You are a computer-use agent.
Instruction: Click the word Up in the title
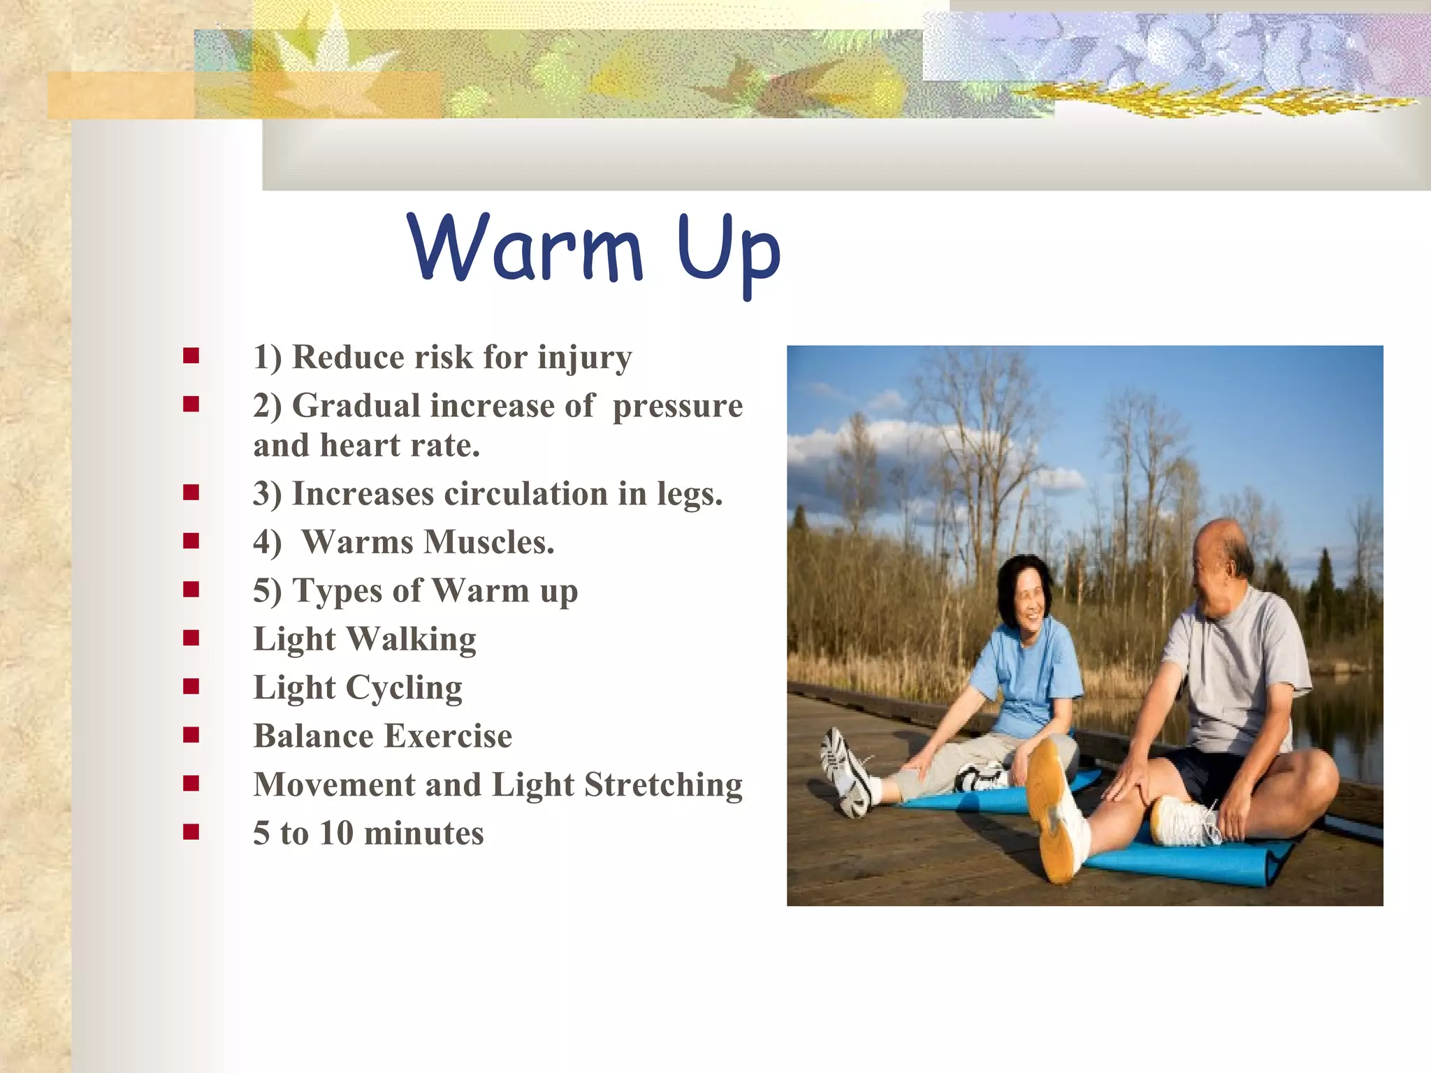(728, 253)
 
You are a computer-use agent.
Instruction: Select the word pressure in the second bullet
(677, 407)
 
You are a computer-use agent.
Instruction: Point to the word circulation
(526, 494)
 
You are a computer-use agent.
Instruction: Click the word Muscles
(489, 543)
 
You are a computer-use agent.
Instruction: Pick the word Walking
(411, 640)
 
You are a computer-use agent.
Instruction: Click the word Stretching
(663, 784)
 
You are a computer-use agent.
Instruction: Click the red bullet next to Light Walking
(191, 638)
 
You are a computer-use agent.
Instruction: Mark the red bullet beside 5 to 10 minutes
(191, 831)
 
